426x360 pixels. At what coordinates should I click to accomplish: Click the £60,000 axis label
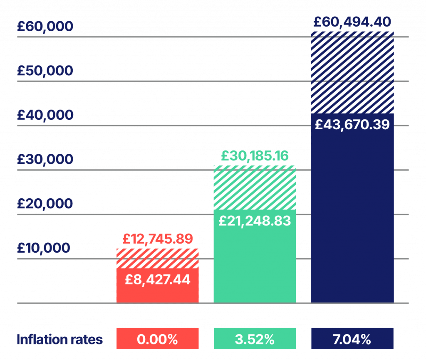click(x=45, y=27)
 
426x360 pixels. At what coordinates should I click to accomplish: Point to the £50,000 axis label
click(x=45, y=71)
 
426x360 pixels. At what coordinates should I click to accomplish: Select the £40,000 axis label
click(x=45, y=115)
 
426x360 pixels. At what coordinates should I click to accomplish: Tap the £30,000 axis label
click(x=45, y=160)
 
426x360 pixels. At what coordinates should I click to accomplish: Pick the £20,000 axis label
click(x=45, y=204)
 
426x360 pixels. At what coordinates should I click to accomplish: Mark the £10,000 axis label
click(x=44, y=248)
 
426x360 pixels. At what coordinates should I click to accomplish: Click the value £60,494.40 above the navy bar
click(x=352, y=21)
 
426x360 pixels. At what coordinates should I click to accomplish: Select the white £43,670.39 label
click(x=352, y=125)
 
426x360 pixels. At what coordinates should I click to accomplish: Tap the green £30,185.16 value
click(x=255, y=156)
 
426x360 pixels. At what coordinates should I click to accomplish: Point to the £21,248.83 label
click(x=255, y=221)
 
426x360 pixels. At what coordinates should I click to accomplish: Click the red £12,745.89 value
click(x=158, y=239)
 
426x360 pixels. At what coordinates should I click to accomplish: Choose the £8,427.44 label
click(x=158, y=279)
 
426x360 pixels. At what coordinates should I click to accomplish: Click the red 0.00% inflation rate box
click(x=158, y=339)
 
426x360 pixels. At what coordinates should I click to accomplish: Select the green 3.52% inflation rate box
click(x=255, y=339)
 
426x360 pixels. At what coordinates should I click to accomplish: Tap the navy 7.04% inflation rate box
click(x=352, y=339)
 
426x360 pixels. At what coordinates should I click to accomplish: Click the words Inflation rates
click(x=59, y=340)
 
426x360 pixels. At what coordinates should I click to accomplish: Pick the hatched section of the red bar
click(x=158, y=258)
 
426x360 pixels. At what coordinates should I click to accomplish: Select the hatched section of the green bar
click(x=255, y=187)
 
